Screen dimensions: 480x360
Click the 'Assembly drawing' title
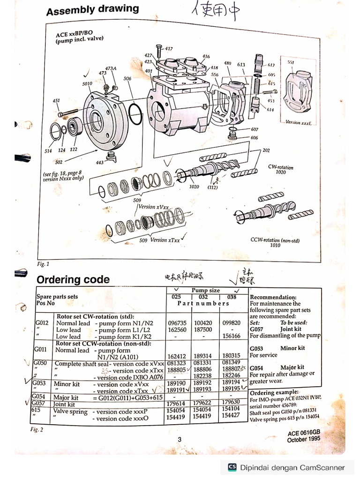[x=92, y=9]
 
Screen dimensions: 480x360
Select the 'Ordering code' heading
[x=73, y=280]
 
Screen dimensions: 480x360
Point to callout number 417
[x=168, y=49]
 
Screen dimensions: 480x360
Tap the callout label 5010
[x=87, y=83]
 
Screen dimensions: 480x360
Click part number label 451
[x=56, y=101]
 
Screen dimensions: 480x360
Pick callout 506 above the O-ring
[x=127, y=79]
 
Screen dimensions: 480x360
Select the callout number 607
[x=254, y=129]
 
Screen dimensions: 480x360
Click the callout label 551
[x=290, y=62]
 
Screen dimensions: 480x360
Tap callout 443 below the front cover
[x=99, y=163]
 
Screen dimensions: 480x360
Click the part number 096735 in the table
[x=177, y=323]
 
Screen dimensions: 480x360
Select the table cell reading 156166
[x=231, y=336]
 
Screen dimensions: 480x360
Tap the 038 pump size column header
[x=231, y=297]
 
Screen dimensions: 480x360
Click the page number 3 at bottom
[x=180, y=439]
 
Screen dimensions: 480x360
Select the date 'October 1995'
[x=303, y=440]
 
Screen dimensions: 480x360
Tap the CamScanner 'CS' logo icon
[x=232, y=467]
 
